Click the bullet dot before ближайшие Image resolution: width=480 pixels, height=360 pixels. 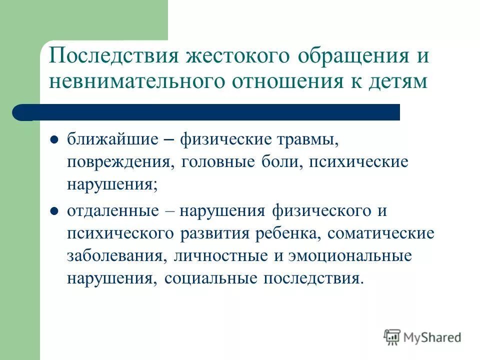tap(55, 139)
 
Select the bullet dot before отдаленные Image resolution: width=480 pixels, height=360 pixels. tap(55, 210)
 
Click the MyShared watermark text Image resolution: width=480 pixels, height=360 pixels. tap(433, 337)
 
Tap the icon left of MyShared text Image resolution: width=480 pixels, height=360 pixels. tap(392, 337)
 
